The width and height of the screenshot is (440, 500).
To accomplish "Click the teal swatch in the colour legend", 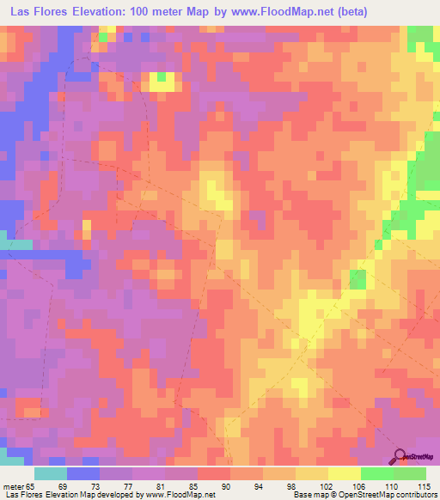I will tap(50, 473).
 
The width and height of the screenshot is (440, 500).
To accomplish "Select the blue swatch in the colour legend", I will tap(83, 473).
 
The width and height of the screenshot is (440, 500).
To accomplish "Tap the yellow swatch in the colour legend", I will tap(345, 473).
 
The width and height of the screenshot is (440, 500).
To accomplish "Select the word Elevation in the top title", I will tap(101, 12).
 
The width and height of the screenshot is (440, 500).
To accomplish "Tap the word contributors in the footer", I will tap(415, 495).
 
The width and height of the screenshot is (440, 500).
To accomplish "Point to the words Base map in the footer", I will tap(306, 495).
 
